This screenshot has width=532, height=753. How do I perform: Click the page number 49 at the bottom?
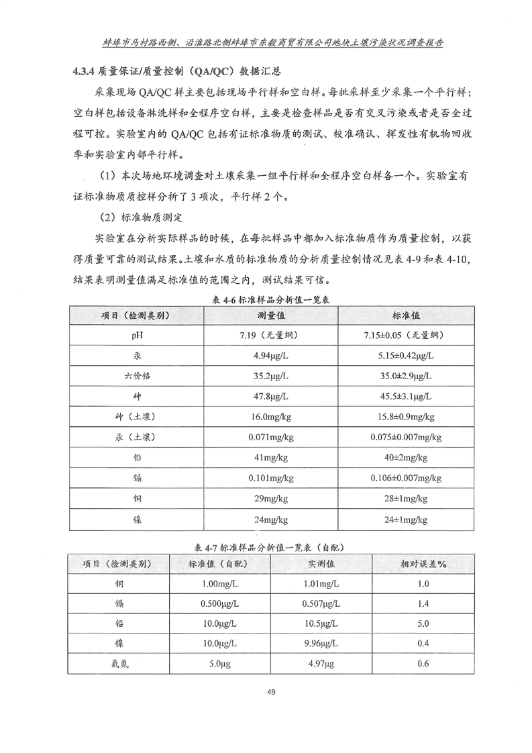pyautogui.click(x=271, y=691)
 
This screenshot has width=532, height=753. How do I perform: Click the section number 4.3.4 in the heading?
pyautogui.click(x=84, y=70)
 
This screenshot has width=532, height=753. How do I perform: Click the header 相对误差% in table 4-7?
pyautogui.click(x=423, y=564)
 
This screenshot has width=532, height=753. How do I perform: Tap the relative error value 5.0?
pyautogui.click(x=423, y=623)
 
